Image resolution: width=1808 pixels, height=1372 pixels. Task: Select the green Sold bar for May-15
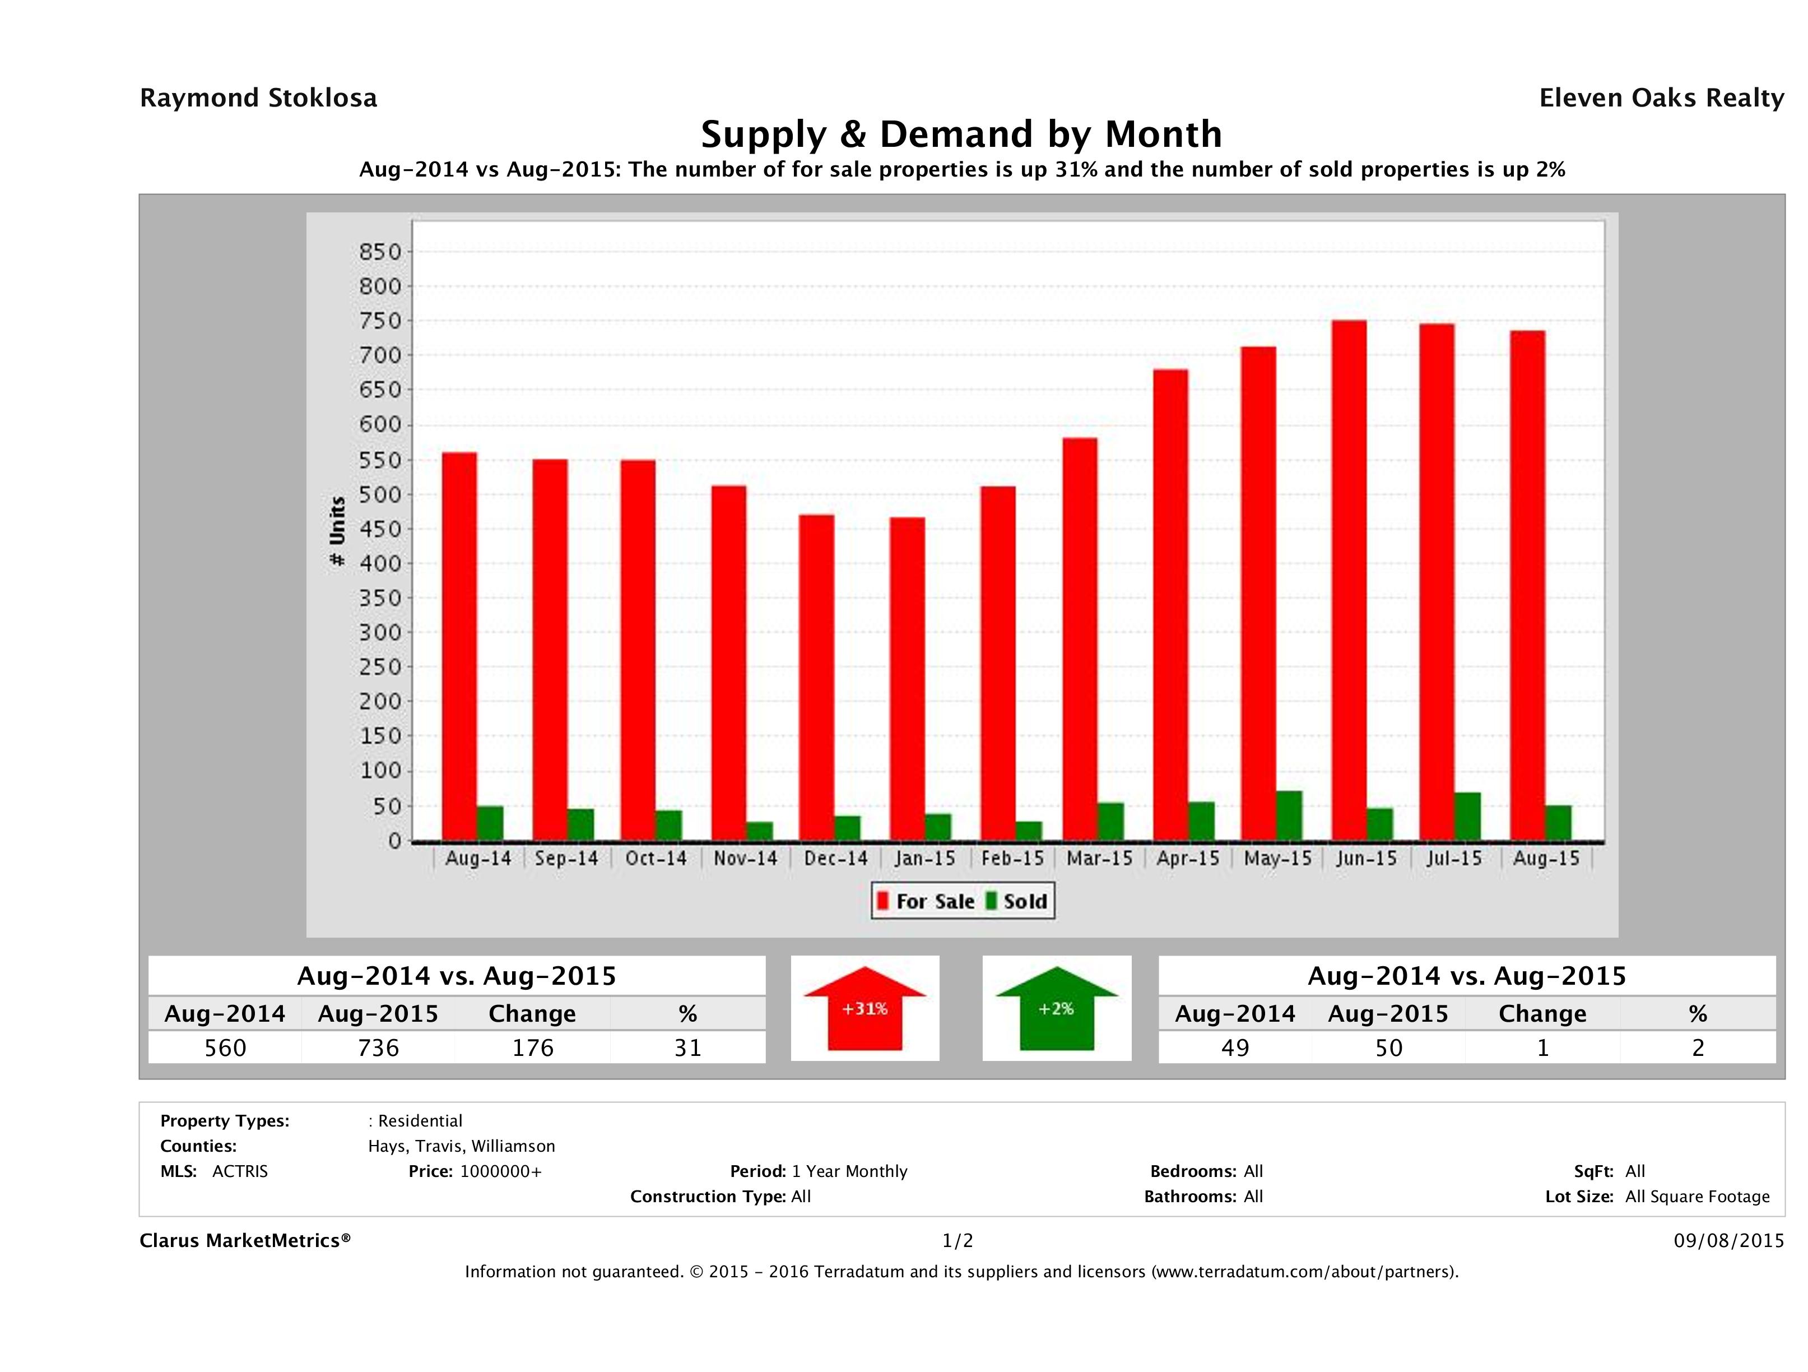coord(1289,816)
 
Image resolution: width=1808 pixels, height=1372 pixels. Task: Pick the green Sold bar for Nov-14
coord(759,831)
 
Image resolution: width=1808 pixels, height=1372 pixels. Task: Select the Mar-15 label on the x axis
coord(1099,859)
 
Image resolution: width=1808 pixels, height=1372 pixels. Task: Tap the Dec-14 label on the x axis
coord(835,859)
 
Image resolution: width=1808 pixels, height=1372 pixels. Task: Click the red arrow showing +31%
coord(865,1008)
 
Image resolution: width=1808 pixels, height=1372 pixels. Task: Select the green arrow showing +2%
coord(1056,1008)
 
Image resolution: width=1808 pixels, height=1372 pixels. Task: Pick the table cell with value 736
coord(378,1047)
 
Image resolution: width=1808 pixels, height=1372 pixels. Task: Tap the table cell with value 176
coord(533,1047)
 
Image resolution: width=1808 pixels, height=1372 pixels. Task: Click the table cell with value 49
coord(1235,1047)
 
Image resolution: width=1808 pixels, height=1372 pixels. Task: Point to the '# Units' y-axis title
coord(337,531)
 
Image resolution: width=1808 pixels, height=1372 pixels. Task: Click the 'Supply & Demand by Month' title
coord(961,134)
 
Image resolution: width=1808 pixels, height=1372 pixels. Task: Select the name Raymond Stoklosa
coord(258,98)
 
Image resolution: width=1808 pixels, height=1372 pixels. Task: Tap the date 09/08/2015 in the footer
coord(1728,1240)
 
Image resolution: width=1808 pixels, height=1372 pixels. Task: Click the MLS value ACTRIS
coord(239,1171)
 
